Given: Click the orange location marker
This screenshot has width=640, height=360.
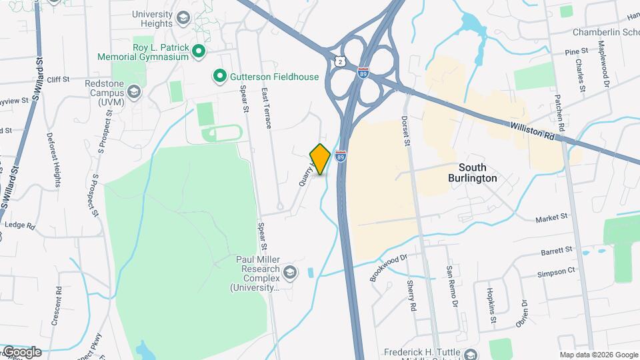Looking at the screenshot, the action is coord(321,159).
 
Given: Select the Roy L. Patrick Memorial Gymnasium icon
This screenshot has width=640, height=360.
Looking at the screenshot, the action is coord(198,51).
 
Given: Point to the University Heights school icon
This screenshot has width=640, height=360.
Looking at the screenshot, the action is coord(184,19).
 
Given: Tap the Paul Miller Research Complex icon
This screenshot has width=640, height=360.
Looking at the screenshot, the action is coord(290,272).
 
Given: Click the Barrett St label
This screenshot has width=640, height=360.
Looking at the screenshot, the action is coord(559,251).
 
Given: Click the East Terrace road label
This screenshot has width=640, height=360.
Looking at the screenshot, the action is coord(267,107).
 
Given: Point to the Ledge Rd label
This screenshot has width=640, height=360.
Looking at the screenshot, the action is coord(19,225).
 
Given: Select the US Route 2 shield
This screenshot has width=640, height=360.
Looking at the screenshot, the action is coord(341,61).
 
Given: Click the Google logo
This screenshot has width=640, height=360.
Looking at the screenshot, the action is coord(21,351).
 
